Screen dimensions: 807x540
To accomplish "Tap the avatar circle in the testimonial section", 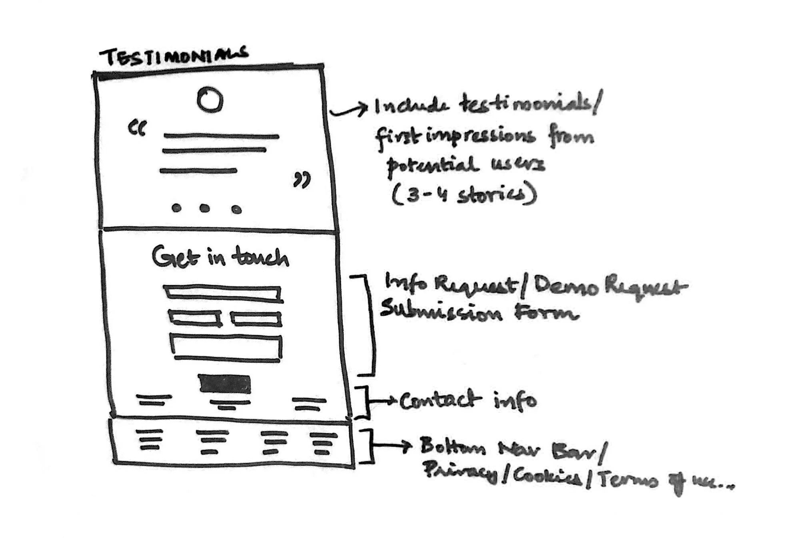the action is point(210,100).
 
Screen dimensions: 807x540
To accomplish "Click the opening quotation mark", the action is point(137,128).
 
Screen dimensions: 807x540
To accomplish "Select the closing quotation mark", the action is point(302,180).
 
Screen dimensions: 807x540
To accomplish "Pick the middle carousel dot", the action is point(205,208).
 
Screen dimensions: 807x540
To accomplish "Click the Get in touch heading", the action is point(220,257).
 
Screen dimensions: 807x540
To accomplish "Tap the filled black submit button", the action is point(225,384).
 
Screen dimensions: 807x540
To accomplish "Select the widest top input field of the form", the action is point(223,293).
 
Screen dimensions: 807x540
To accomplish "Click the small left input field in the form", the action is point(195,318).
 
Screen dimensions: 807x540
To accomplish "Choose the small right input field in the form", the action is point(256,319).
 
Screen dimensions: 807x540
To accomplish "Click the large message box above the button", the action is point(226,346).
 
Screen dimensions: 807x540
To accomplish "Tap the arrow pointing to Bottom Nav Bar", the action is point(392,445).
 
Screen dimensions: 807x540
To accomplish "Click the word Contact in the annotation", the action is point(440,400).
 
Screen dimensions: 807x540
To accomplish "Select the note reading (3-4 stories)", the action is point(464,195).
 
